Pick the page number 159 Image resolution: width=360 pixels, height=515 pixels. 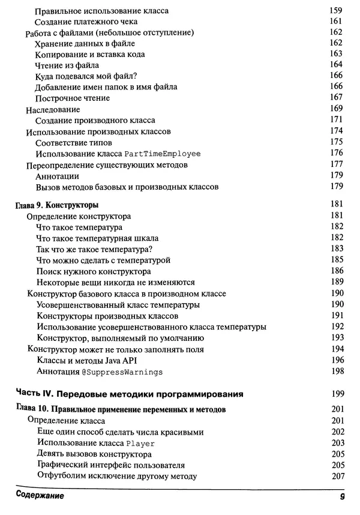point(336,11)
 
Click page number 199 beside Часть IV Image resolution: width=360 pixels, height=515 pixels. point(336,394)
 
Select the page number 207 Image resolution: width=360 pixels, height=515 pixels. point(336,477)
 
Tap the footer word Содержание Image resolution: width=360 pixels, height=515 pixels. point(40,497)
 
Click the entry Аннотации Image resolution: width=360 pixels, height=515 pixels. point(57,176)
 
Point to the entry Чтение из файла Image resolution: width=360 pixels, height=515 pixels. point(67,65)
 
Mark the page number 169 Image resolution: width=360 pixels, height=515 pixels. point(336,109)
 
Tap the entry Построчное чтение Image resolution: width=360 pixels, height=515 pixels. point(72,98)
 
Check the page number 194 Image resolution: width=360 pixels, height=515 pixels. point(336,349)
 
